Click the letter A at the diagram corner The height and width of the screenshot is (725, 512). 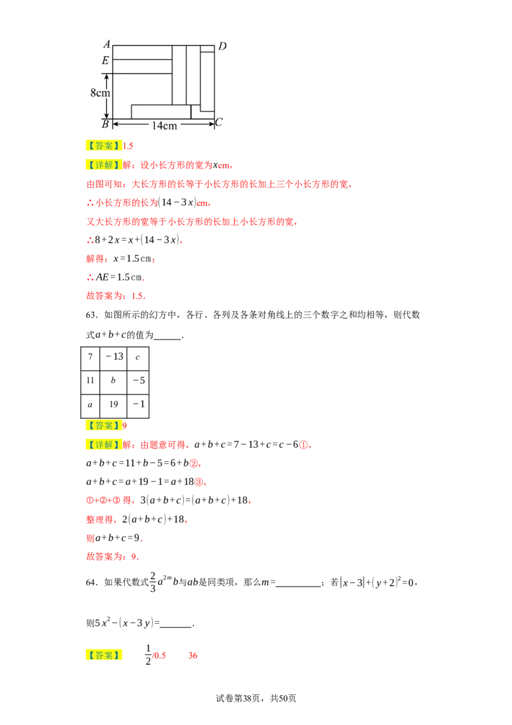(106, 44)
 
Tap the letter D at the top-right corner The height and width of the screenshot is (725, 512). (222, 46)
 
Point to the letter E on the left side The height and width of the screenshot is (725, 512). (105, 61)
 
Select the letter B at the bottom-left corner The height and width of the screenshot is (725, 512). (106, 124)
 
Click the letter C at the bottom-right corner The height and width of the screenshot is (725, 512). (219, 122)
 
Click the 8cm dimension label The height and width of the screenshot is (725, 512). (100, 93)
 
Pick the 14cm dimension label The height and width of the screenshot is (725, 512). (164, 126)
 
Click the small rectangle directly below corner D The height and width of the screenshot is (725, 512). (207, 48)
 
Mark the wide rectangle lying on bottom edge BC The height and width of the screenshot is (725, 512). (161, 111)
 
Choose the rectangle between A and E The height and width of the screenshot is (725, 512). (142, 52)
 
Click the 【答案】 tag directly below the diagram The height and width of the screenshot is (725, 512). (102, 146)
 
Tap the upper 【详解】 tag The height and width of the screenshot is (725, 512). (102, 165)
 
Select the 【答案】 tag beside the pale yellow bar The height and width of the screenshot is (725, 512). (102, 425)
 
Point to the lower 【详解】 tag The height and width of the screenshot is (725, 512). (102, 444)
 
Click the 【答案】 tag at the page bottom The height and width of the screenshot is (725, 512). (102, 655)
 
